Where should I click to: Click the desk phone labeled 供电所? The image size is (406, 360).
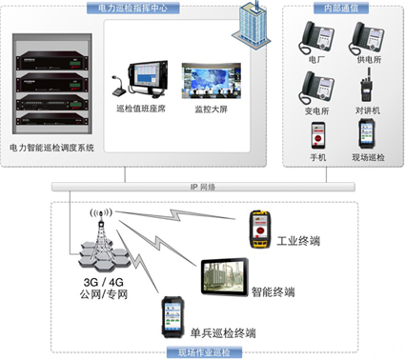366,36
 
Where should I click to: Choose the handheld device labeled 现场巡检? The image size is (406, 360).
366,133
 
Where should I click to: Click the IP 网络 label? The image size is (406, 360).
203,188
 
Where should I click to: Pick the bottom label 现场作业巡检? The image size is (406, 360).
203,352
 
